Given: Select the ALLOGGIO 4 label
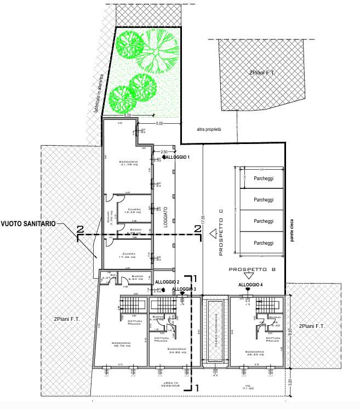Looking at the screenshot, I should click(250, 285).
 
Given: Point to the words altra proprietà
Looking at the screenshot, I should click(209, 130).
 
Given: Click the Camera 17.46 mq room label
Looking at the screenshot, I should click(129, 256).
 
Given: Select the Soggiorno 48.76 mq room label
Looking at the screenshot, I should click(121, 345).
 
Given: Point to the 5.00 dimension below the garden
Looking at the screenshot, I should click(159, 124).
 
